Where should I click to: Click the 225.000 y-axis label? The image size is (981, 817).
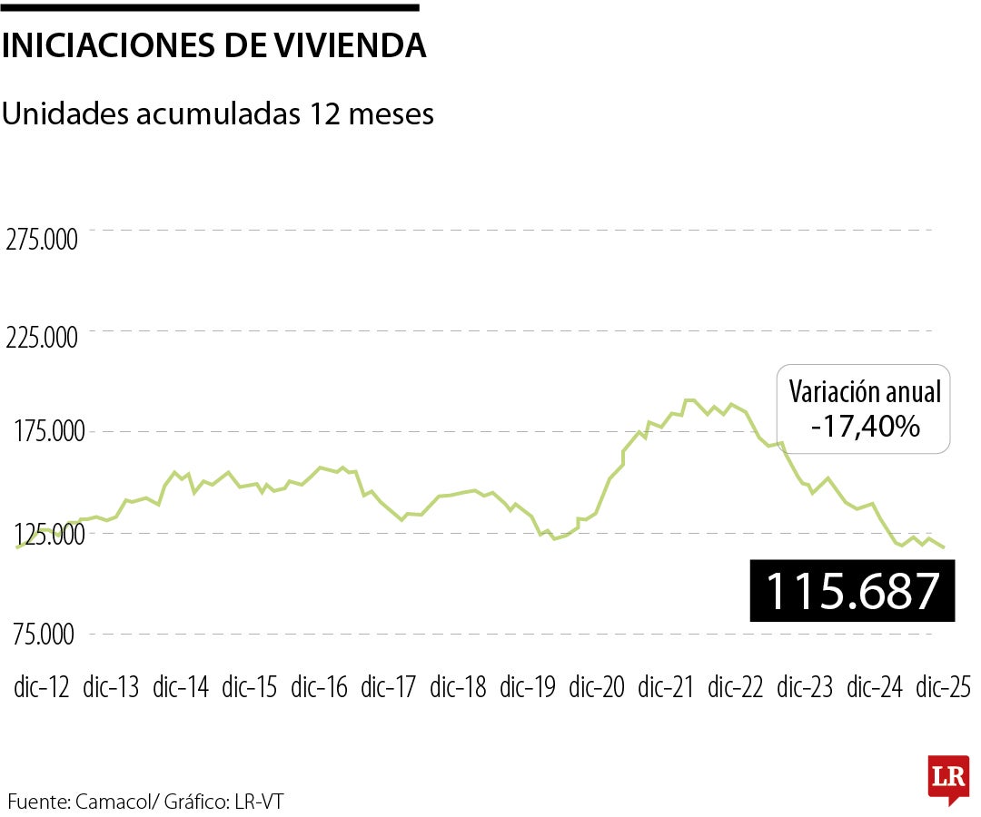click(x=42, y=338)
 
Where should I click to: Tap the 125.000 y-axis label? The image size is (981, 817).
click(x=42, y=535)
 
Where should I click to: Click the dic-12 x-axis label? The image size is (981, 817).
click(x=42, y=687)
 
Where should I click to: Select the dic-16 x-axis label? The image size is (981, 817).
click(x=320, y=687)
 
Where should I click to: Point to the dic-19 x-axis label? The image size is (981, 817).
click(x=528, y=687)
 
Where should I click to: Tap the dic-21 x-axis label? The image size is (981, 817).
click(x=667, y=687)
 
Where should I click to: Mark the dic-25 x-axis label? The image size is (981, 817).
click(x=943, y=687)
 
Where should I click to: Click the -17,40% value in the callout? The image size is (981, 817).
click(x=865, y=425)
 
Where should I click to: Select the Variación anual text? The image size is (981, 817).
click(x=865, y=392)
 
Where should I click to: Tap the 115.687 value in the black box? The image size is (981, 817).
click(x=852, y=591)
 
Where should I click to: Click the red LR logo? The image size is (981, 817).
click(x=946, y=778)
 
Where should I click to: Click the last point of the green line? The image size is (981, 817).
click(x=945, y=547)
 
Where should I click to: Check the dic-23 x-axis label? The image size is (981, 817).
click(x=806, y=687)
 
